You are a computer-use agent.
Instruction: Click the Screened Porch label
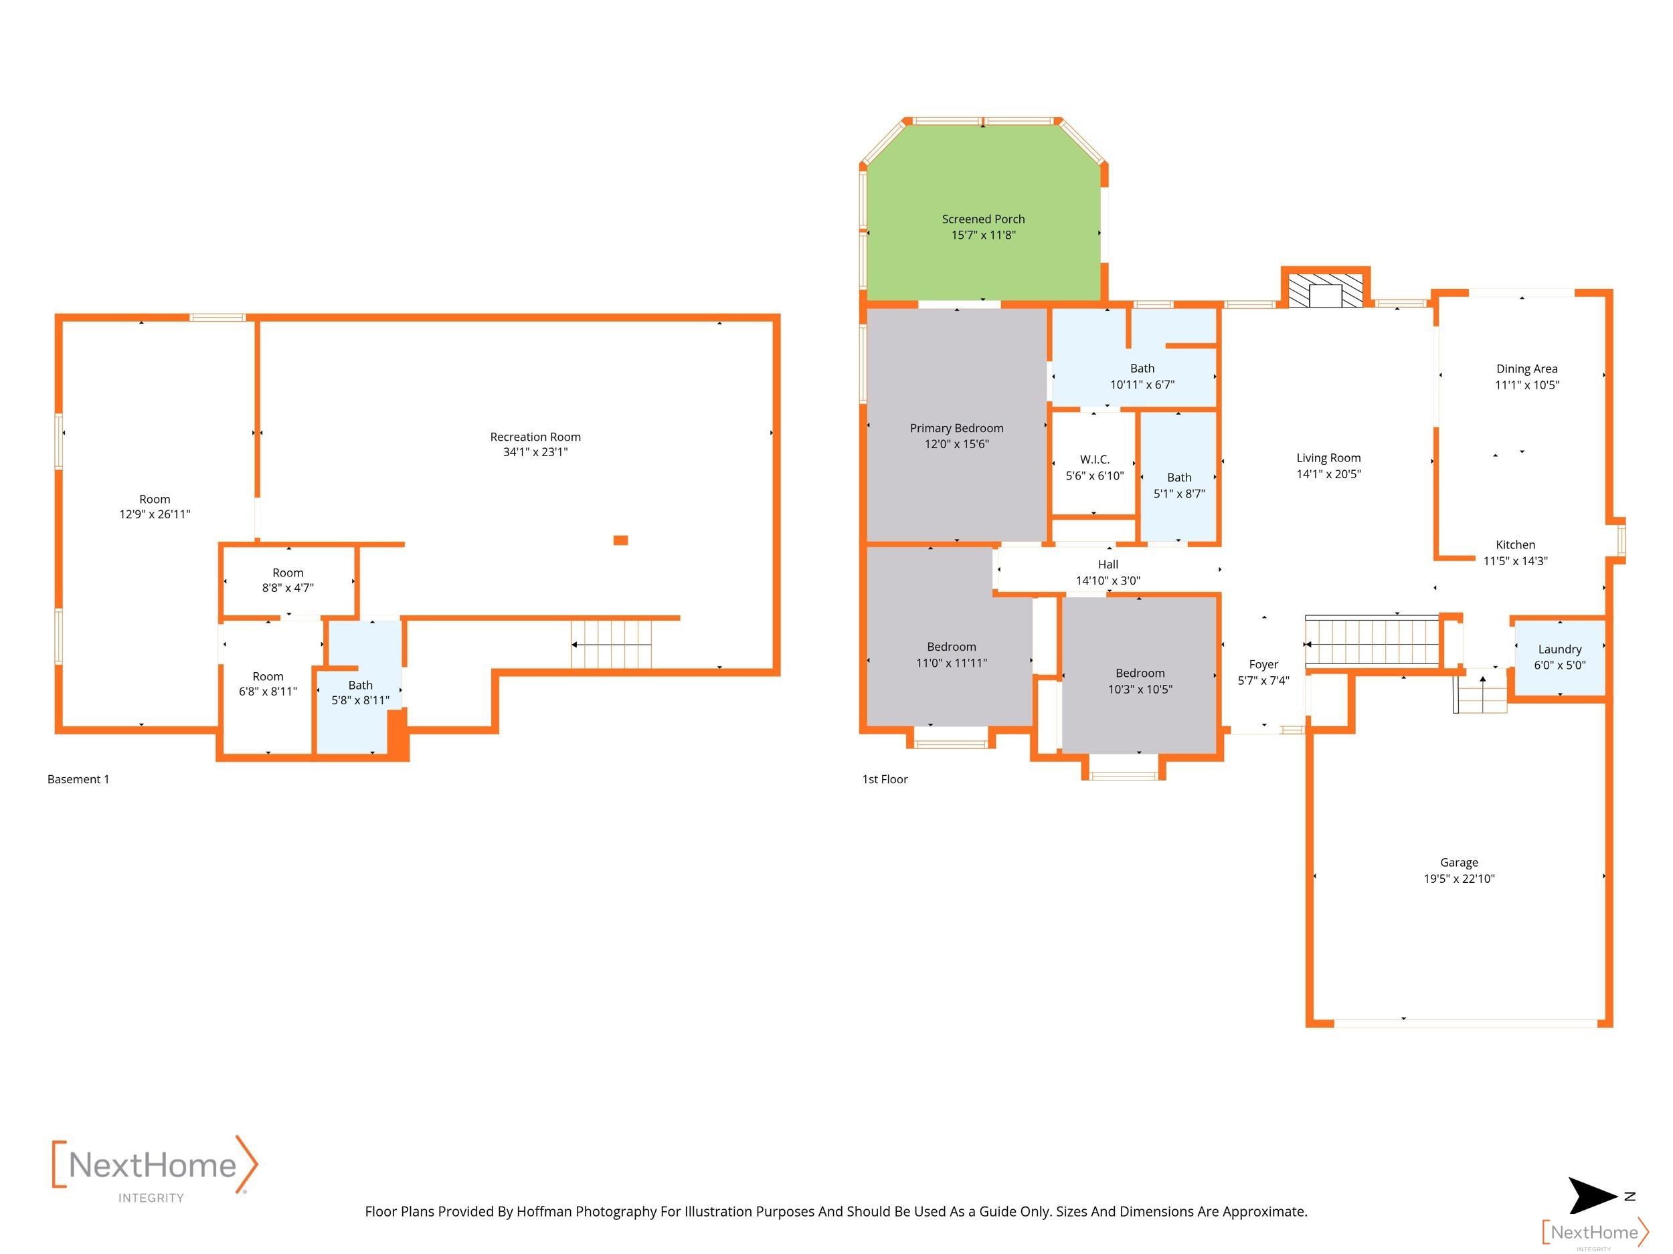pos(983,219)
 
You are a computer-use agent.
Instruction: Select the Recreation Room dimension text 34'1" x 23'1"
pos(535,452)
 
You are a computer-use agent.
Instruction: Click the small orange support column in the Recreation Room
pos(620,540)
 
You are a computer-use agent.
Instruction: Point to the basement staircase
pos(611,644)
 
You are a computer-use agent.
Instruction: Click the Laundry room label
pos(1559,649)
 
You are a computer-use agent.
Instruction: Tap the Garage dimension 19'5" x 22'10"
pos(1459,878)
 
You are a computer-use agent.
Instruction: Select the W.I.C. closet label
pos(1094,459)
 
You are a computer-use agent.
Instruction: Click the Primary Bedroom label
pos(957,429)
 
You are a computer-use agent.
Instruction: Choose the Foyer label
pos(1263,664)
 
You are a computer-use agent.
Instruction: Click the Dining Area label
pos(1526,369)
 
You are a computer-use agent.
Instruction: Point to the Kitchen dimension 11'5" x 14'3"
pos(1515,561)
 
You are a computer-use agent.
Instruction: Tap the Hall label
pos(1108,564)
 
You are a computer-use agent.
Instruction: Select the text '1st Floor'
pos(885,779)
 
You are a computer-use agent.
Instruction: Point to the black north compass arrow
pos(1592,1196)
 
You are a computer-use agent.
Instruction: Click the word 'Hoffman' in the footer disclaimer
pos(544,1212)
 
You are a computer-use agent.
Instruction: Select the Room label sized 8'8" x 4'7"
pos(288,573)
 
